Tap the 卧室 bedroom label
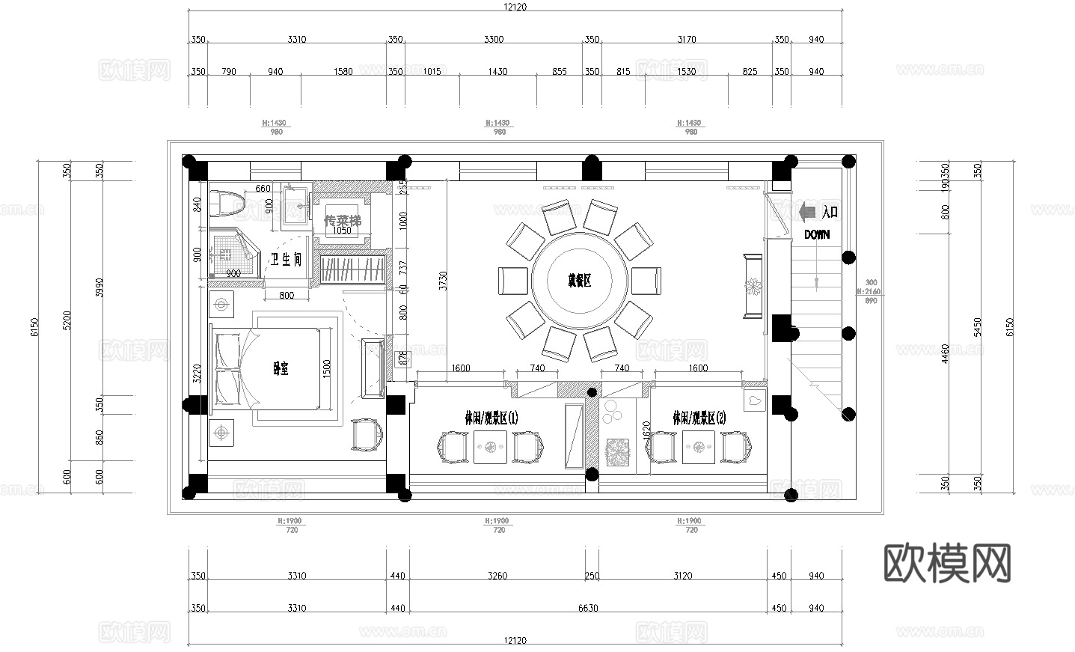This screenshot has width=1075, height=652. pos(281,368)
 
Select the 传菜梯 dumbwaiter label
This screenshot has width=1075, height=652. pos(342,221)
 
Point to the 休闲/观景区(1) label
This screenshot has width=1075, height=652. pos(491,418)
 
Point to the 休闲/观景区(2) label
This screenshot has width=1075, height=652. pos(699,418)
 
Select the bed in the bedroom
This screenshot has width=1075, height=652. pos(269,368)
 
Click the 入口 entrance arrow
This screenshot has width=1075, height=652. pos(809,213)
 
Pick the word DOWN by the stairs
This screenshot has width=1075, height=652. pos(817,234)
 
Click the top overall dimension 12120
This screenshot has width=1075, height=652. pos(515,7)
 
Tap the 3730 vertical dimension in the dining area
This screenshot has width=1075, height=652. pos(443,281)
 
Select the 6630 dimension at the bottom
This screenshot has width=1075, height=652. pos(588,608)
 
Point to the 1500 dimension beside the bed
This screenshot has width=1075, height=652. pos(327,368)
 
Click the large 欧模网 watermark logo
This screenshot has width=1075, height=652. pos(948,563)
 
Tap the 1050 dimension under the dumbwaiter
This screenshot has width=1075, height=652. pos(341,231)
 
